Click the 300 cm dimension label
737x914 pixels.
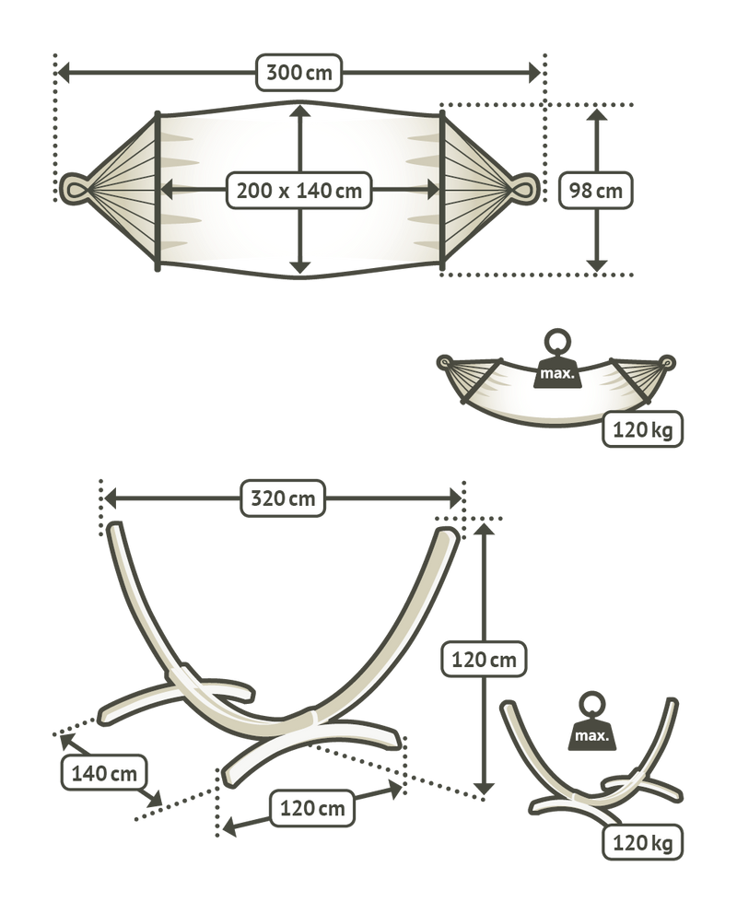pyautogui.click(x=298, y=73)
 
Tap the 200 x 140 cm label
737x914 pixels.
pyautogui.click(x=298, y=190)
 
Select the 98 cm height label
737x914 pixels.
pyautogui.click(x=595, y=190)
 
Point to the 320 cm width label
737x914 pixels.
pyautogui.click(x=283, y=498)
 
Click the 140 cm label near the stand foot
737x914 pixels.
pyautogui.click(x=104, y=773)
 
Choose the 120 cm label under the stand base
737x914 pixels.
pyautogui.click(x=312, y=808)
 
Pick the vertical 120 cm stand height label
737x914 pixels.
pyautogui.click(x=484, y=660)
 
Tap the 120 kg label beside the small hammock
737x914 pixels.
pyautogui.click(x=642, y=429)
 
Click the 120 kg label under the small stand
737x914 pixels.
pyautogui.click(x=642, y=842)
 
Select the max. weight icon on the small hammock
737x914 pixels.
pyautogui.click(x=557, y=360)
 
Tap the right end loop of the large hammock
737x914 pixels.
pyautogui.click(x=524, y=188)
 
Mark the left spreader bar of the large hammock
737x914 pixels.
pyautogui.click(x=158, y=191)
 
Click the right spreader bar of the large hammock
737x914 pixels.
pyautogui.click(x=441, y=191)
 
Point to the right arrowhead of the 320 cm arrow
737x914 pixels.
pyautogui.click(x=455, y=498)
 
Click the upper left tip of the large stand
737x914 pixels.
pyautogui.click(x=114, y=527)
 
